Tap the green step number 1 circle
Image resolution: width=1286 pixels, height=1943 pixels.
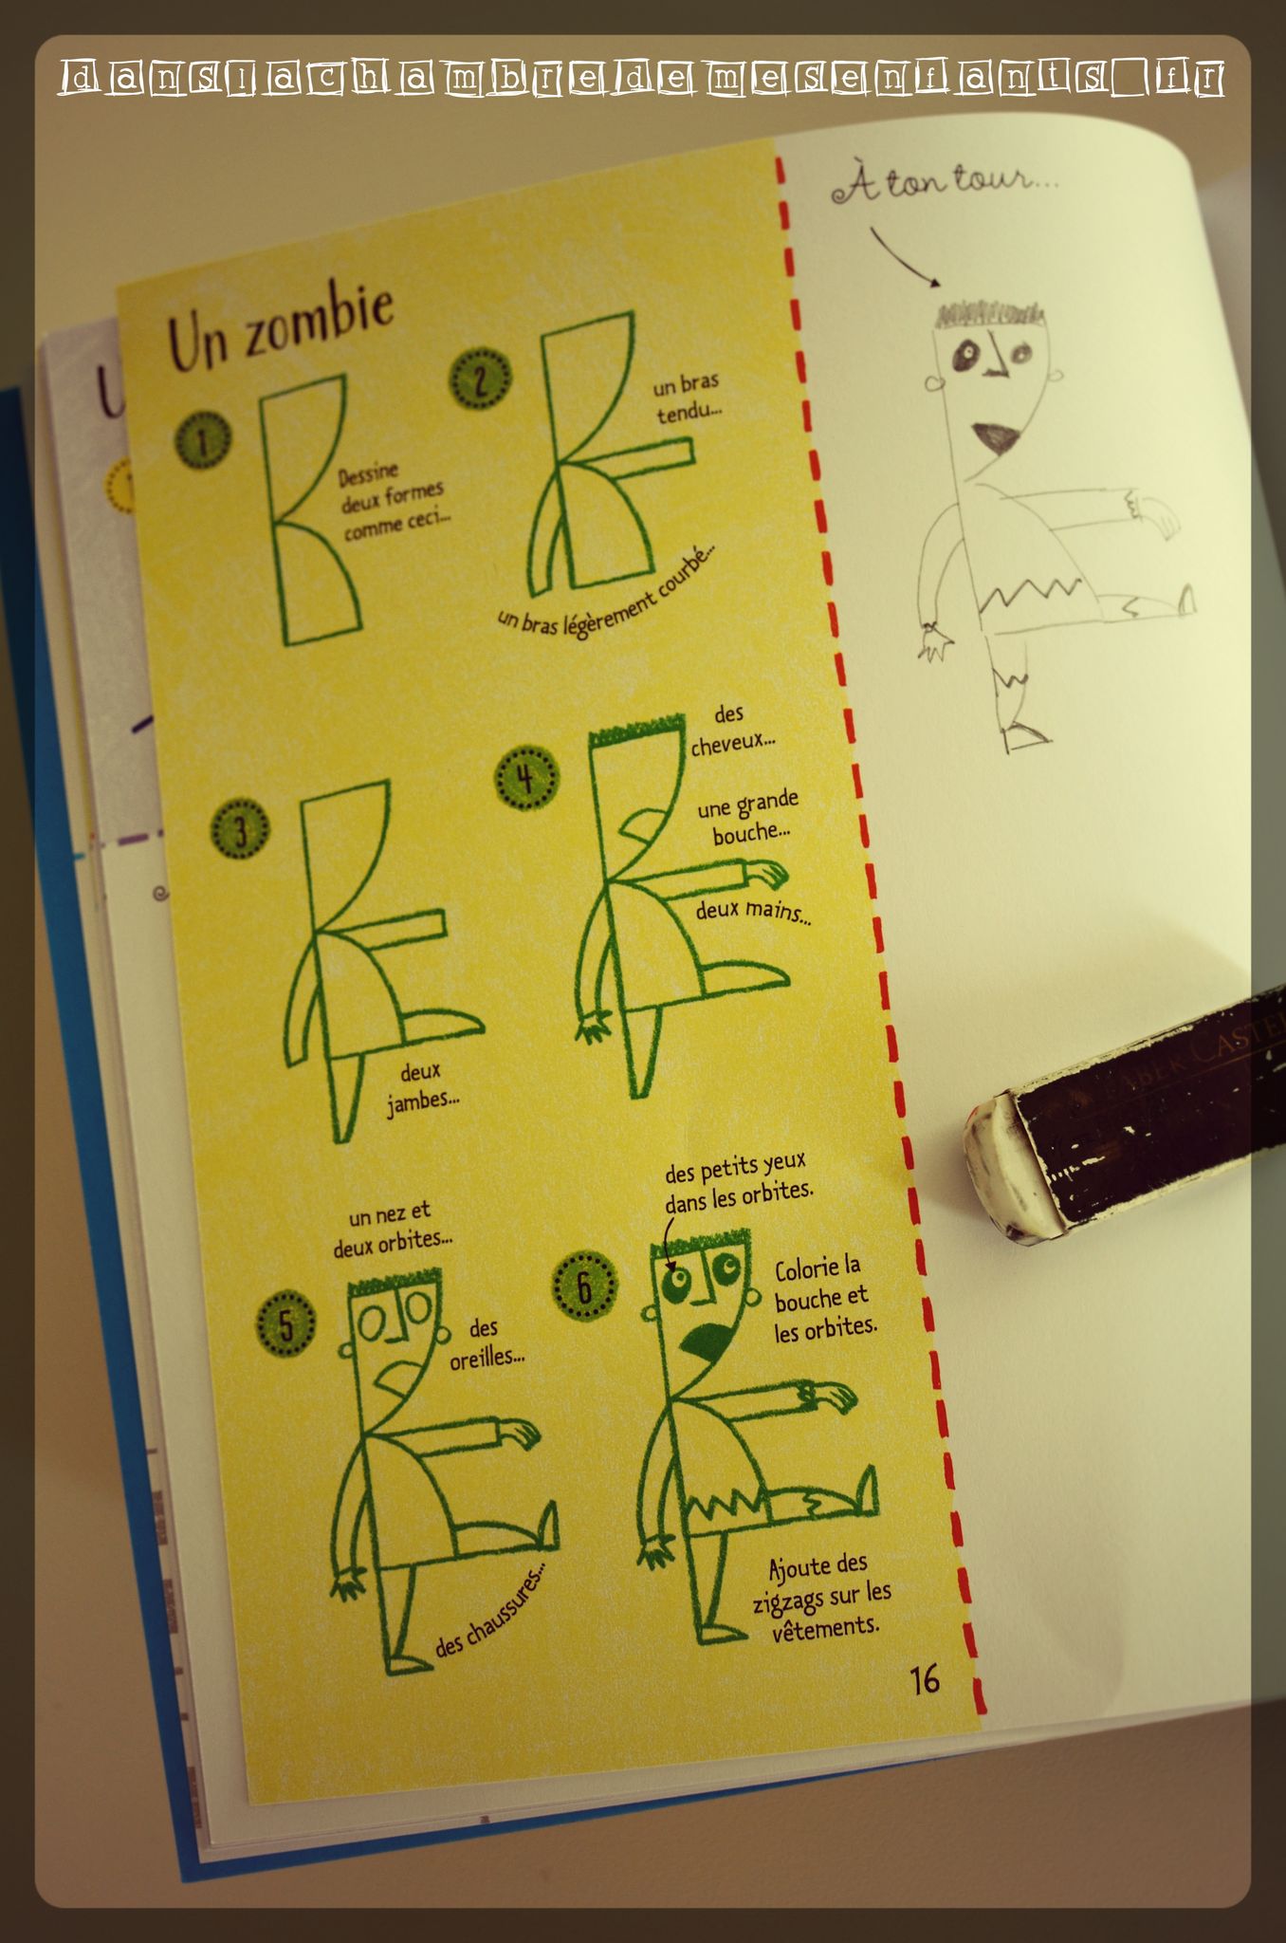click(203, 441)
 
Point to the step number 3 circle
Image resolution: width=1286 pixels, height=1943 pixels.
click(240, 832)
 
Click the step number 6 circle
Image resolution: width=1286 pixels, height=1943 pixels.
click(584, 1286)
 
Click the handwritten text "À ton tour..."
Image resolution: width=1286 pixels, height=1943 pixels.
click(944, 180)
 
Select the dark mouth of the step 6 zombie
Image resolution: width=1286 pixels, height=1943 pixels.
click(707, 1341)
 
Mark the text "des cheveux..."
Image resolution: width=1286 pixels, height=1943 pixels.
click(731, 729)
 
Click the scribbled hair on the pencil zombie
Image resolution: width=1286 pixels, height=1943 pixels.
click(989, 312)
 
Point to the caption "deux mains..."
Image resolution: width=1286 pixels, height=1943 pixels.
click(753, 911)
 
